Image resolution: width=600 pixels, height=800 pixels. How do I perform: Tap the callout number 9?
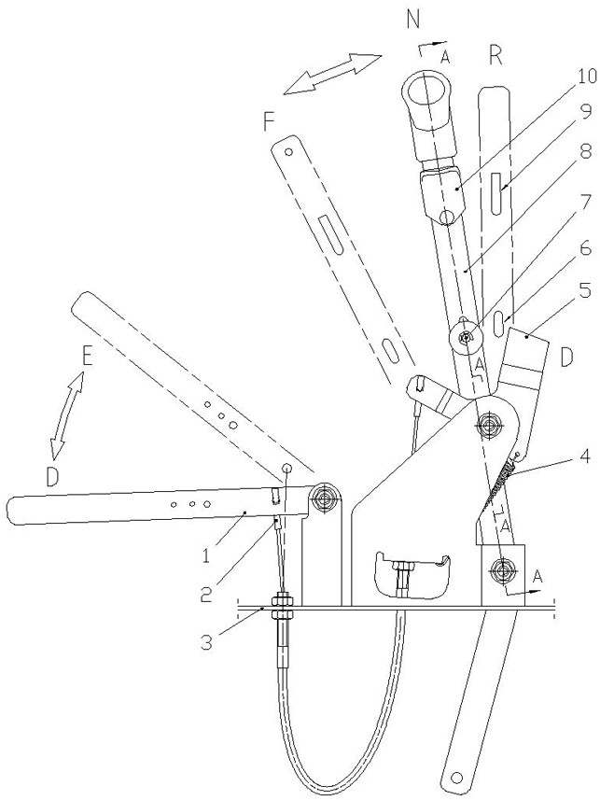(x=585, y=110)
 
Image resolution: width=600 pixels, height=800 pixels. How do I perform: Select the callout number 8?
(x=585, y=152)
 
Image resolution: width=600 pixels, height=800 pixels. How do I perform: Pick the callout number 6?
(x=585, y=249)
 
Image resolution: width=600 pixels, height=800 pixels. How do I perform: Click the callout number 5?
(x=585, y=291)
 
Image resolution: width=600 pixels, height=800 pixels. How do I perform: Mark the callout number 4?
(x=585, y=456)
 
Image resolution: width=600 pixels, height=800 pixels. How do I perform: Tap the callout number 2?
(x=206, y=595)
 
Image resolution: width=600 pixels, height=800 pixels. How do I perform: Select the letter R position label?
(x=495, y=56)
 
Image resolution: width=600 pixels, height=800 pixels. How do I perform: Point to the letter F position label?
(x=269, y=123)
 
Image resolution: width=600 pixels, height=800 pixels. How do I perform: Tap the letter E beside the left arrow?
(x=87, y=357)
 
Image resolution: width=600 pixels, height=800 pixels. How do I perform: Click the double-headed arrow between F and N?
(x=332, y=74)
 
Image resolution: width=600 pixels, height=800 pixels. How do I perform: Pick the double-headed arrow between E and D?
(x=67, y=415)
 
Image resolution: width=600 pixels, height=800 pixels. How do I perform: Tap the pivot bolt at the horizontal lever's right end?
(x=325, y=497)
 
